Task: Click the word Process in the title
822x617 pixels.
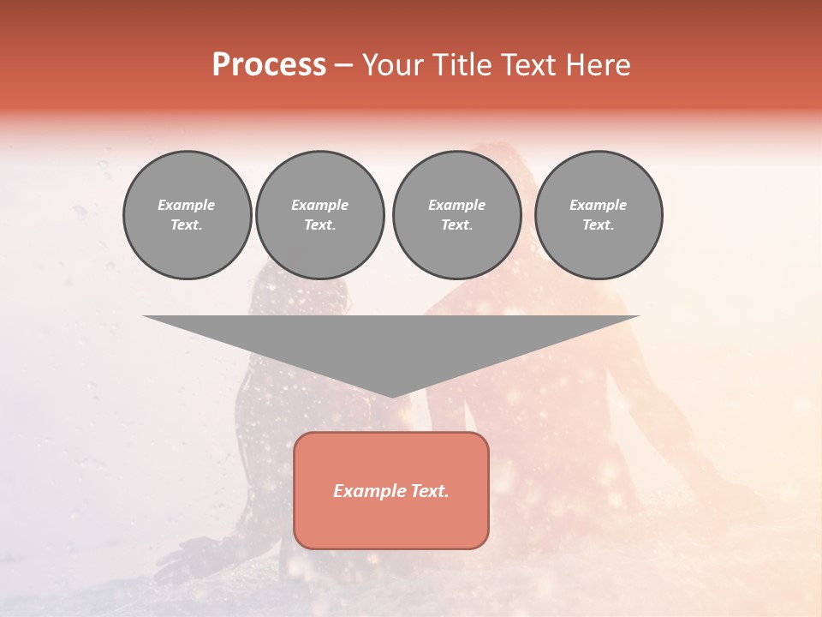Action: [x=269, y=65]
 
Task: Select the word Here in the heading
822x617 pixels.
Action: [x=598, y=65]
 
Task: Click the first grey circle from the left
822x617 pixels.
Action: [x=187, y=215]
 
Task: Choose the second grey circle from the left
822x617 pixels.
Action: [x=320, y=215]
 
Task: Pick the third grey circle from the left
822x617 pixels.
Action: [x=456, y=215]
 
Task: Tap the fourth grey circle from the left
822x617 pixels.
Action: [x=599, y=215]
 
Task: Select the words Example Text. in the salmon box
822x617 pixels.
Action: [x=391, y=491]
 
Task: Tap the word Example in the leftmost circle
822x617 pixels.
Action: [x=187, y=205]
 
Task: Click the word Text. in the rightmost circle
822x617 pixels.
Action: [x=599, y=225]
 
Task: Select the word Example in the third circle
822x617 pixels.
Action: [x=456, y=205]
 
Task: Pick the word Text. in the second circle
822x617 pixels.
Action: [x=320, y=225]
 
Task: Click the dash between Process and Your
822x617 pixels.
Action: [x=343, y=65]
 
